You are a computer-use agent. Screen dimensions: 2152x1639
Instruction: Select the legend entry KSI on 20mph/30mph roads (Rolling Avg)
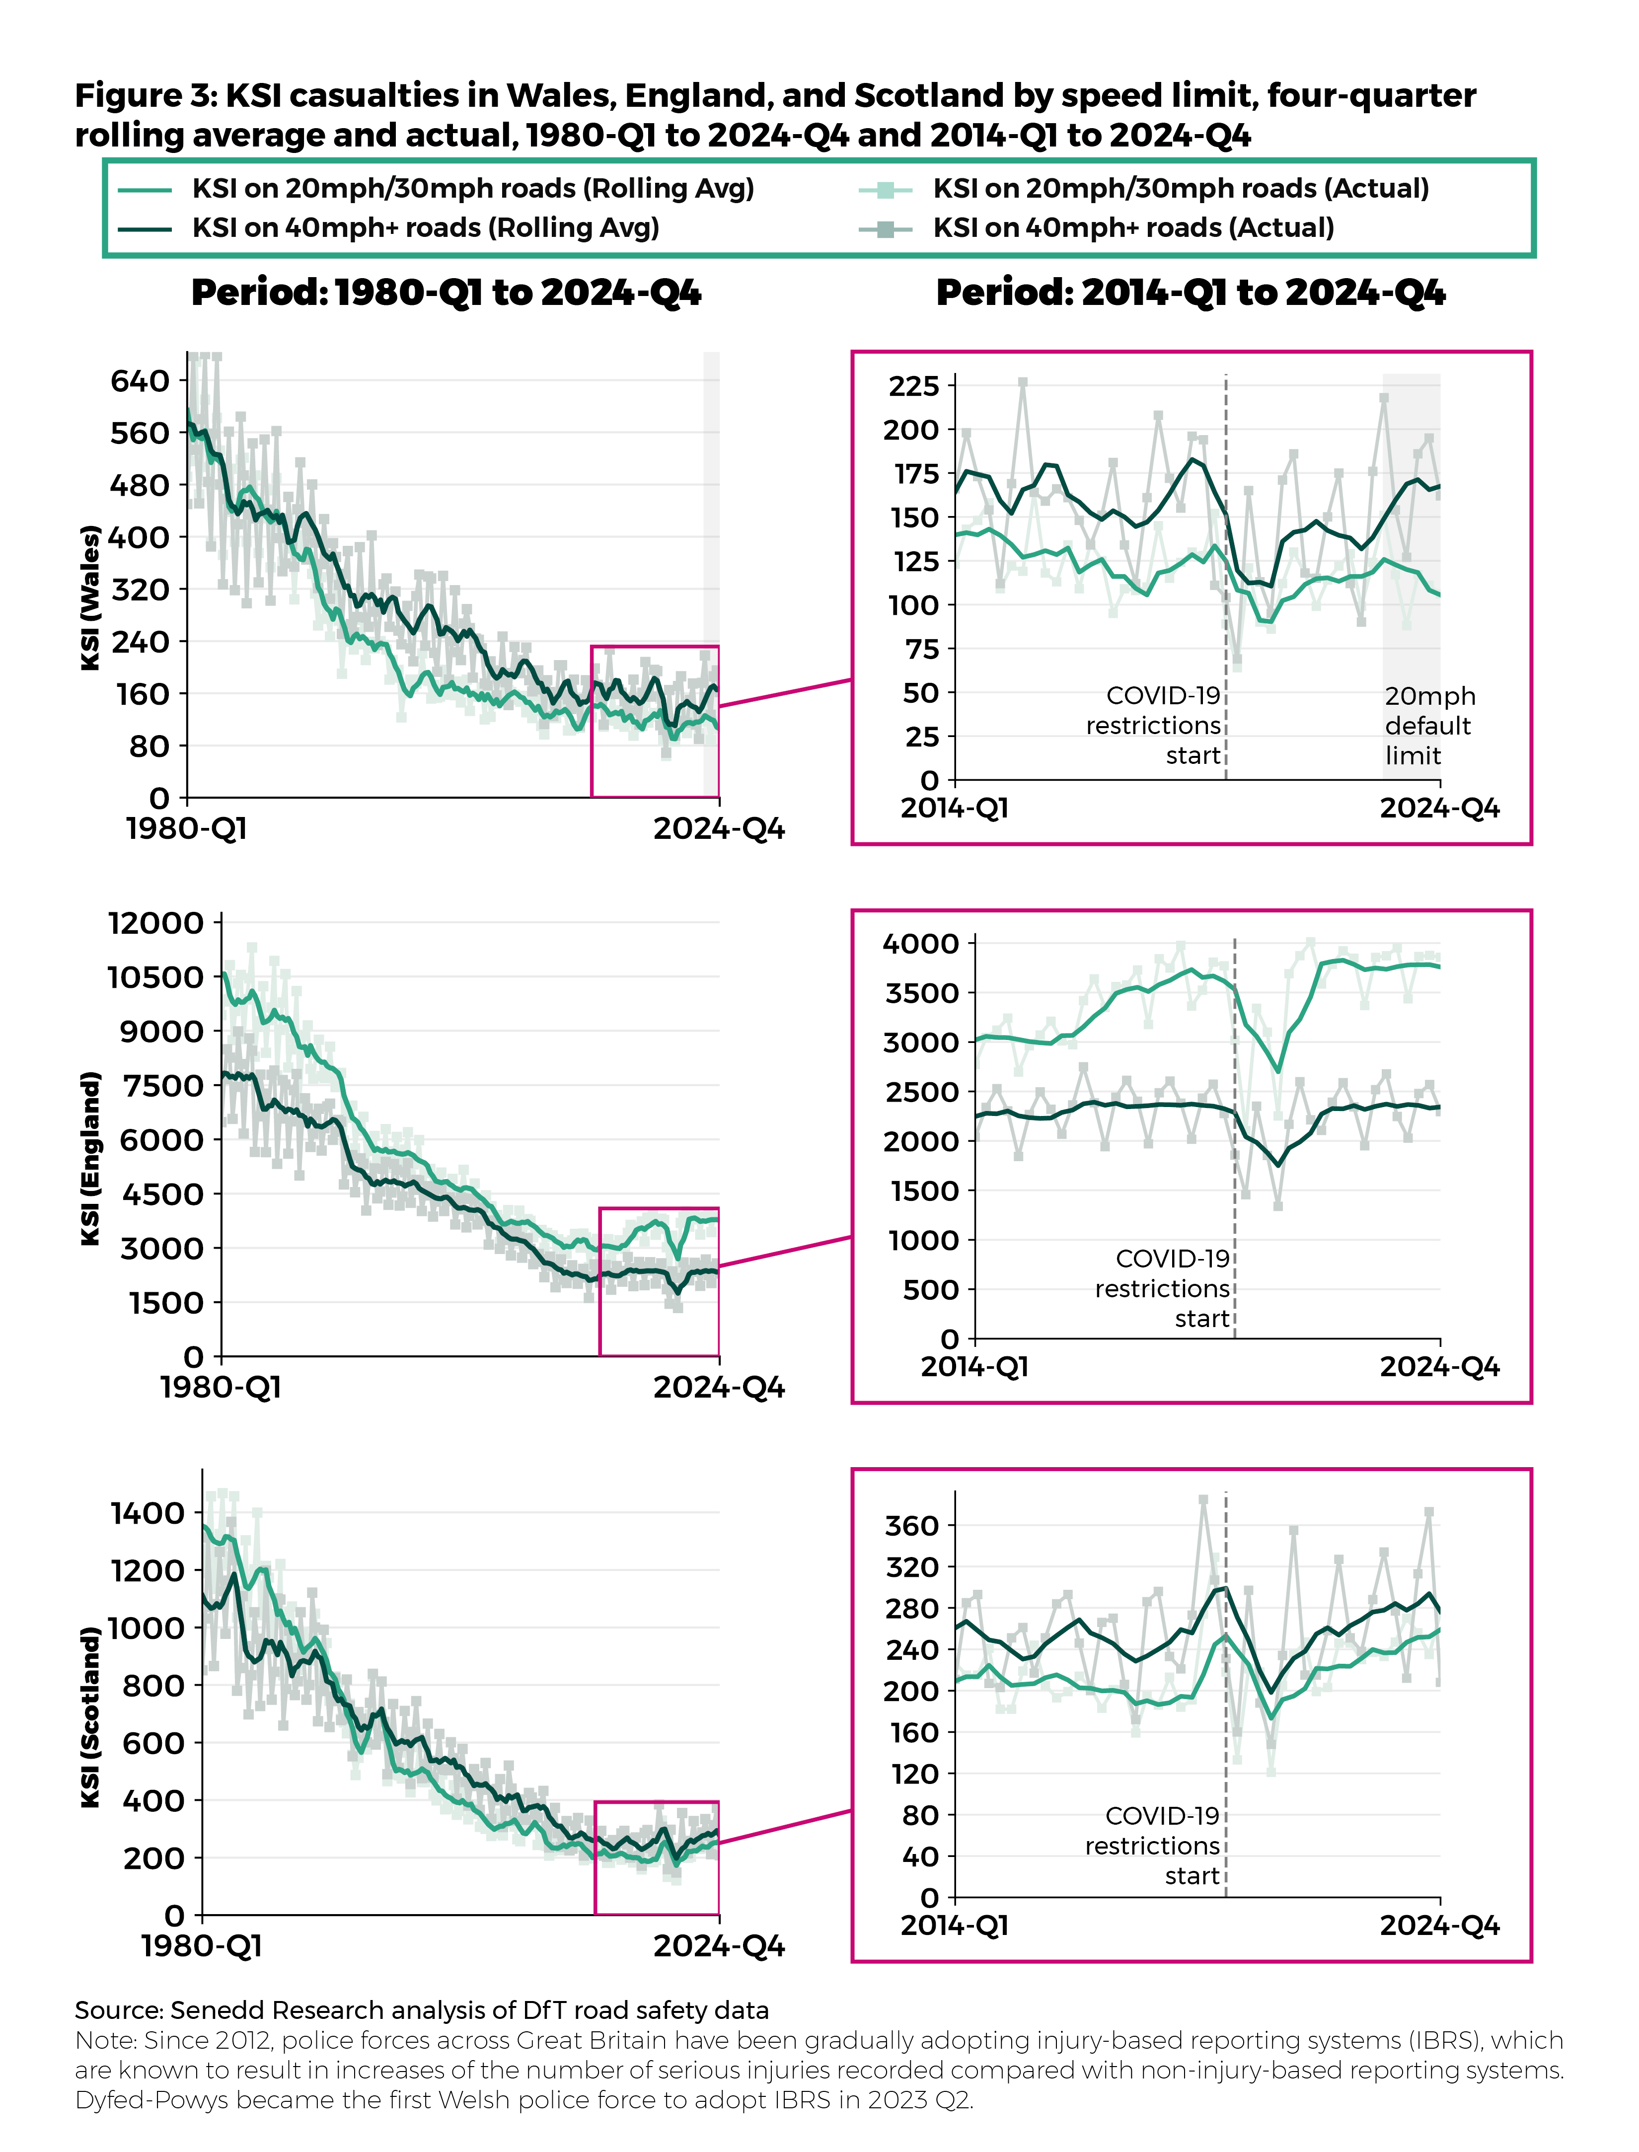pos(472,188)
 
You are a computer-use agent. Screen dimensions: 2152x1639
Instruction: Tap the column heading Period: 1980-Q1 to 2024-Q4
pos(446,293)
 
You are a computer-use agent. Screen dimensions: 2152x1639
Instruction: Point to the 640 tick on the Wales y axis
pos(140,380)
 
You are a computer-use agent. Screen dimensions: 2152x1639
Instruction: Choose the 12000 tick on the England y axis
pos(156,923)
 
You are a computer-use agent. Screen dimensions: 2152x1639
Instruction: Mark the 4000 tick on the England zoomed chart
pos(921,943)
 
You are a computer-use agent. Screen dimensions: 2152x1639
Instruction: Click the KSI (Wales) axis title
pos(91,597)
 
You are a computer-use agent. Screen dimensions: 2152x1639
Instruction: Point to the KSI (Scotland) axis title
pos(91,1717)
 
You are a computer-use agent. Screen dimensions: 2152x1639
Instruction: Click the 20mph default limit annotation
pos(1429,726)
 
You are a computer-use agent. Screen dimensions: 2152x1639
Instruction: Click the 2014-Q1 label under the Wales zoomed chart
pos(954,809)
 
